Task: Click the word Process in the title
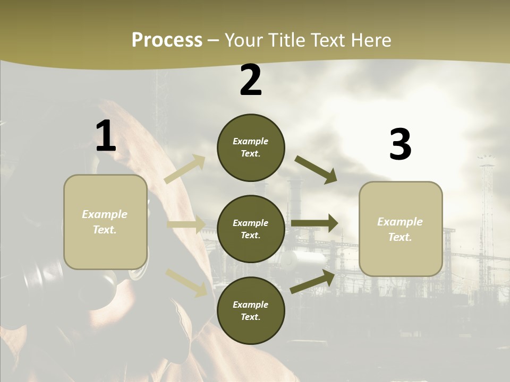[x=167, y=40]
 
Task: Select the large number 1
[x=106, y=137]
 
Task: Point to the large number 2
[x=251, y=80]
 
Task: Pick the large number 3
[x=400, y=145]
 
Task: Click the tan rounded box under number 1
[x=105, y=222]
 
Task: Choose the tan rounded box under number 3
[x=401, y=229]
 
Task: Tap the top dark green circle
[x=251, y=147]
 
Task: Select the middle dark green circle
[x=251, y=229]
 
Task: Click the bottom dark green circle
[x=251, y=310]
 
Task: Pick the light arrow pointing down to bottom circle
[x=186, y=282]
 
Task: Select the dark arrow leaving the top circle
[x=316, y=170]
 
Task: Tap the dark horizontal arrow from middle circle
[x=314, y=223]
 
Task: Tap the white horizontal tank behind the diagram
[x=303, y=259]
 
